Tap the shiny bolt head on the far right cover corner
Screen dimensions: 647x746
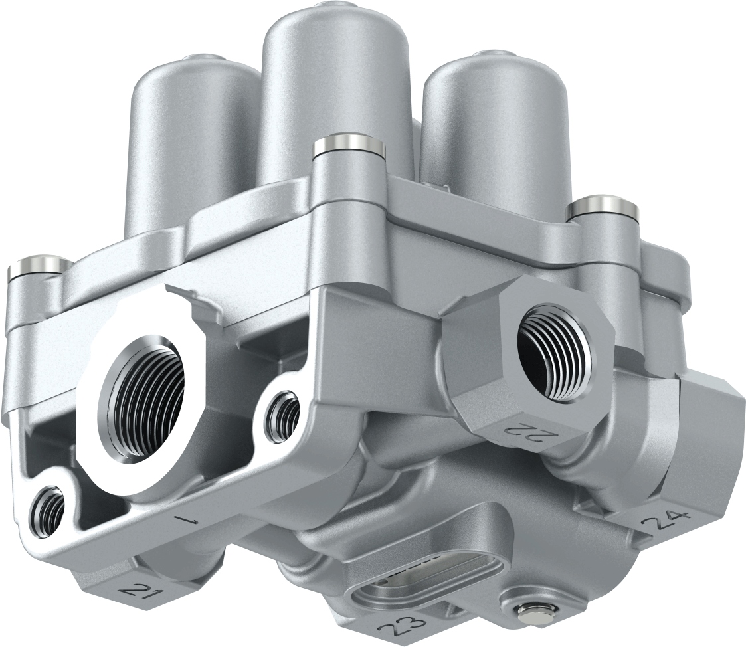coord(602,207)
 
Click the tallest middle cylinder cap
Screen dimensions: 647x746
coord(336,86)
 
